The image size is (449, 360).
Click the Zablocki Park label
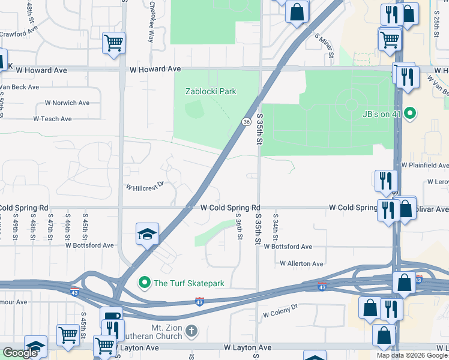pos(210,91)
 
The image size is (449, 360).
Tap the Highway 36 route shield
pos(246,122)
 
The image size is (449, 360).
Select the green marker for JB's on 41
pos(411,112)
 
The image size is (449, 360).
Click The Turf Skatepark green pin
pos(144,283)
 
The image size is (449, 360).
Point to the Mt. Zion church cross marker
pos(191,331)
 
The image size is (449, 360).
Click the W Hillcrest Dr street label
pos(144,187)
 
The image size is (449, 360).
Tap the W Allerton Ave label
pos(301,263)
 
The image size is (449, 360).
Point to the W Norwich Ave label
pos(67,103)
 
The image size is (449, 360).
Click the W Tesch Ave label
pos(53,119)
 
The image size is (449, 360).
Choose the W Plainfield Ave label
pos(425,165)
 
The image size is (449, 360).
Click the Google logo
pos(20,353)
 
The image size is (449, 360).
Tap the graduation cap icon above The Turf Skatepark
pos(147,234)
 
